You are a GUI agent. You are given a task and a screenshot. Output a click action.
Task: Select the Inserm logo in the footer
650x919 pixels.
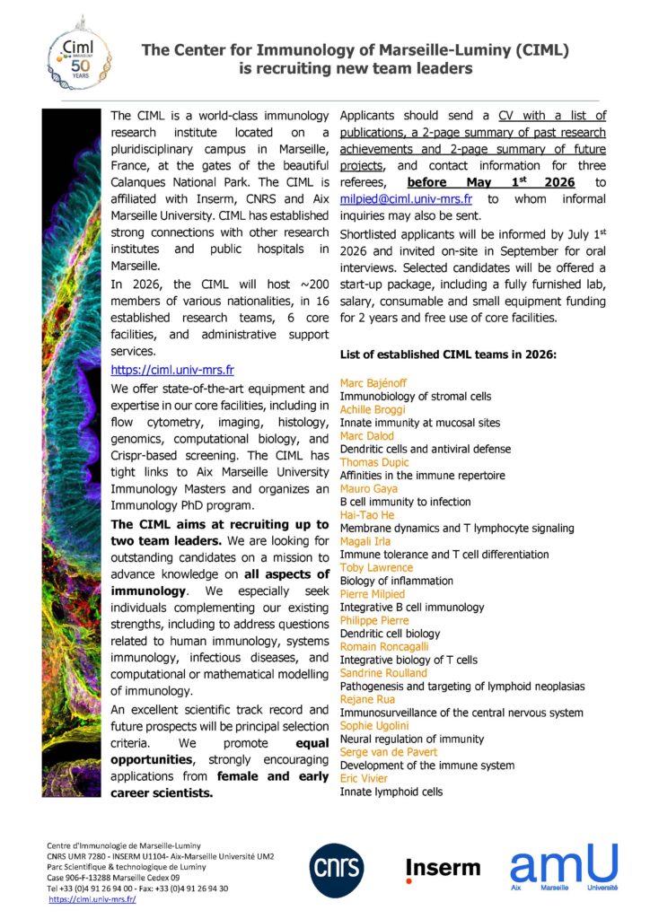443,868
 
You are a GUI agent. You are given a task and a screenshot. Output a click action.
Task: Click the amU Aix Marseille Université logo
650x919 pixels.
564,867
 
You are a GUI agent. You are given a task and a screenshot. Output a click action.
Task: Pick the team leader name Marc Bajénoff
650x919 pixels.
373,383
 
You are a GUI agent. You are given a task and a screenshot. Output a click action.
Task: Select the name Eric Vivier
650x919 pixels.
365,779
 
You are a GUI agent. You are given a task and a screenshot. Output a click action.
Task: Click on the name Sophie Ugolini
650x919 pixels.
373,726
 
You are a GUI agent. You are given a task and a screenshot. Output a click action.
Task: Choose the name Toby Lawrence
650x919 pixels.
376,567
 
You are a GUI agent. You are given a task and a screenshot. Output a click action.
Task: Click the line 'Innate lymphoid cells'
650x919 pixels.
391,792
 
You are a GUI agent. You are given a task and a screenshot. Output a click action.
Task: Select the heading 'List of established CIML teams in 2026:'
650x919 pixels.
449,355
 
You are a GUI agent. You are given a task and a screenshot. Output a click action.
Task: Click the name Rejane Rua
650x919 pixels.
369,700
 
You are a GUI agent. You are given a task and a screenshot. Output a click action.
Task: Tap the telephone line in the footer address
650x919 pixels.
137,888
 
